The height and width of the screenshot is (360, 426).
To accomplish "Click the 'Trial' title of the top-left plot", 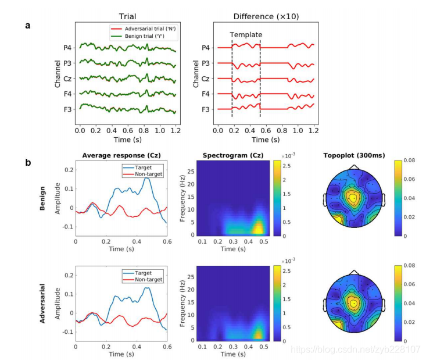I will coord(127,17).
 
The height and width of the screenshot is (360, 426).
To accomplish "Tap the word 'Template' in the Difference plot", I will coord(246,35).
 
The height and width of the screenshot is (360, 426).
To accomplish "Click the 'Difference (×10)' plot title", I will coord(266,17).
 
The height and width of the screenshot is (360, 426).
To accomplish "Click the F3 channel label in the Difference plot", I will coord(206,109).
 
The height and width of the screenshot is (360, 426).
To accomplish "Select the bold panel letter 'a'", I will coord(27,26).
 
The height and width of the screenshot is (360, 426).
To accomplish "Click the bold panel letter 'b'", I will coord(27,162).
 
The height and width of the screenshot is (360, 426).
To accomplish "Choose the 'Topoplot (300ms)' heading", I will coord(354,156).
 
